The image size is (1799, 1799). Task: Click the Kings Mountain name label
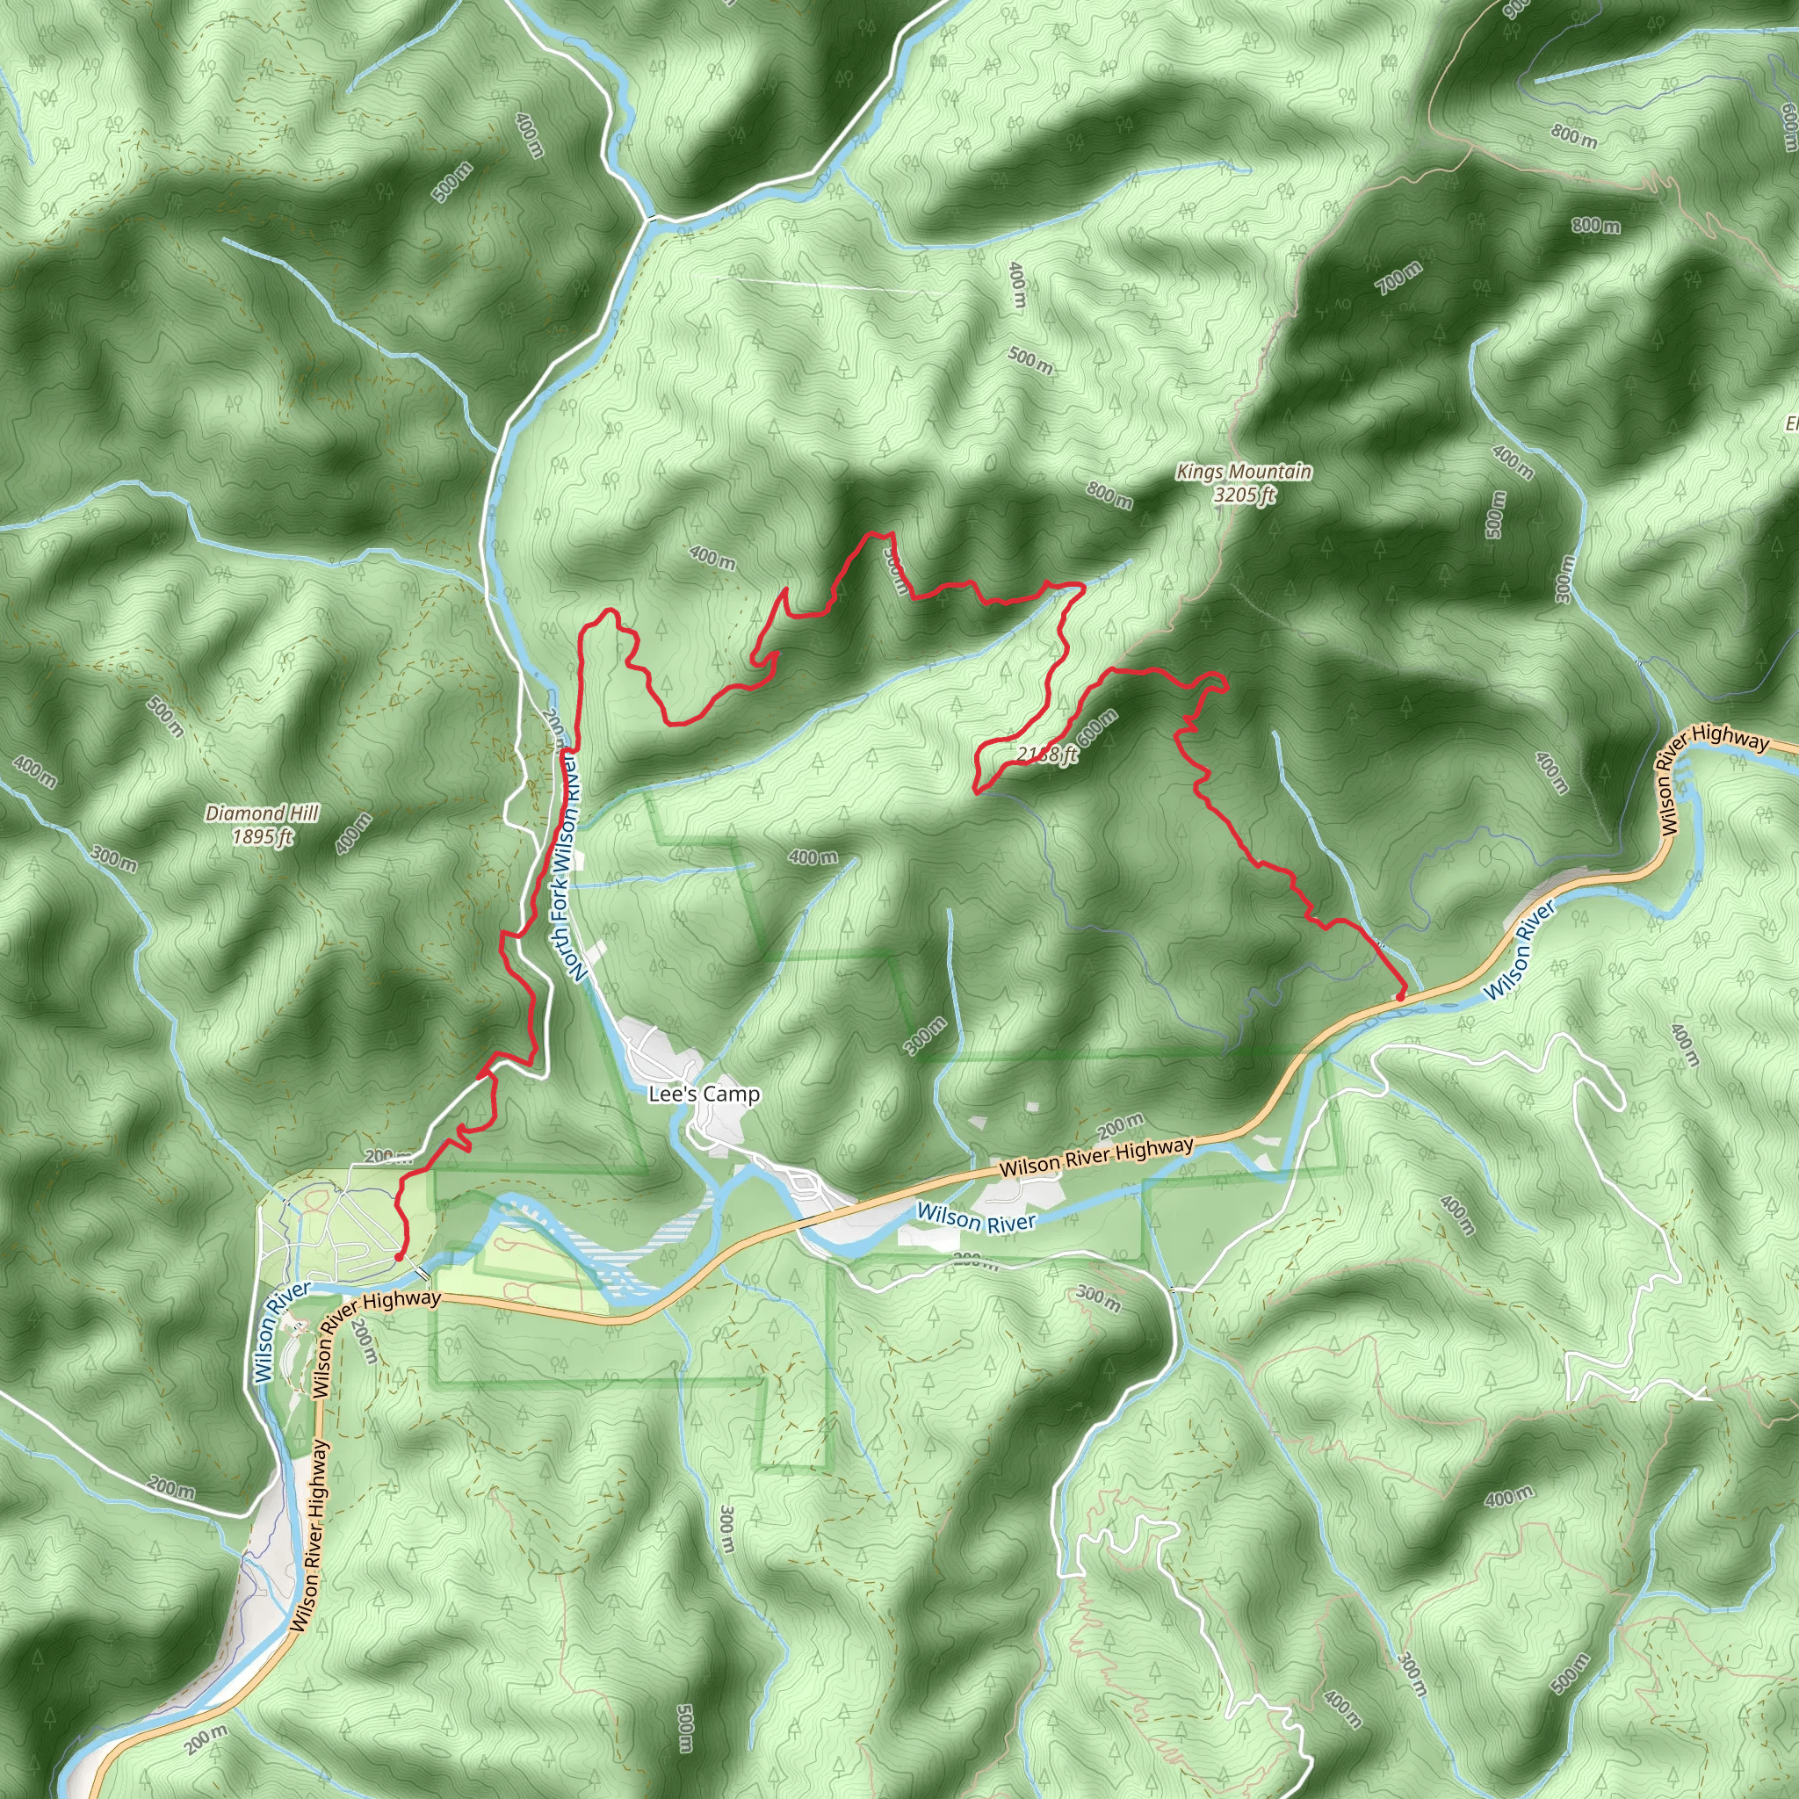click(1243, 472)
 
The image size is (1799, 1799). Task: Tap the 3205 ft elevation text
click(1243, 495)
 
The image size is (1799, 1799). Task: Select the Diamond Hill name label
click(262, 813)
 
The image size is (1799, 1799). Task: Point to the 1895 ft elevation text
click(262, 837)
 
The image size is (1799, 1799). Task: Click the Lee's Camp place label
click(704, 1095)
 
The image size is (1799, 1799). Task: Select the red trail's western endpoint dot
click(399, 1257)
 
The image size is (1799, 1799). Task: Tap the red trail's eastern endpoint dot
click(1399, 997)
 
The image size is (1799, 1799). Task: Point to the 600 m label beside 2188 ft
click(1097, 727)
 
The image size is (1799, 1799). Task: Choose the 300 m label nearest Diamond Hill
click(115, 858)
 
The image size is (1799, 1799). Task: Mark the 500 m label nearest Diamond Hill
click(166, 717)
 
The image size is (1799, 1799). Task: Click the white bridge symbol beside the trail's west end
click(423, 1273)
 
